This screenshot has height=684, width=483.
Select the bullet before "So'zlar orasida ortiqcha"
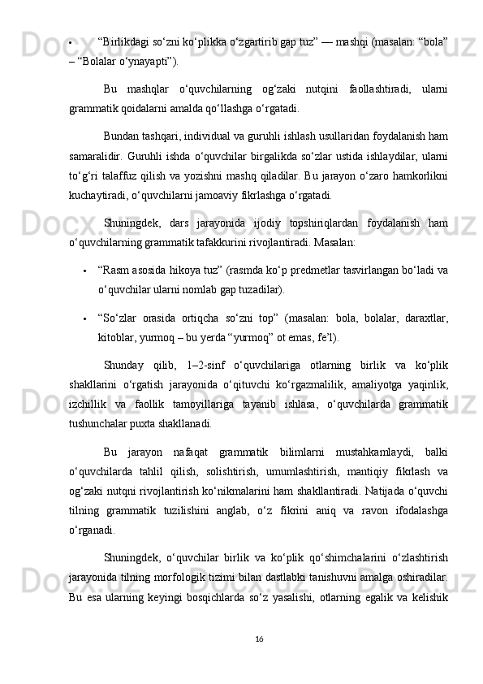(85, 318)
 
